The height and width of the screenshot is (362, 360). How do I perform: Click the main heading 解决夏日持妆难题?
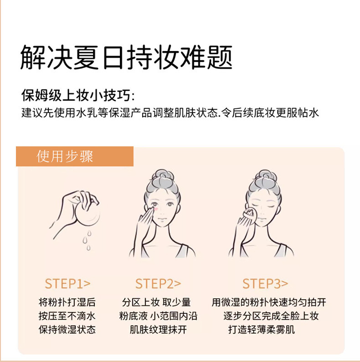pyautogui.click(x=126, y=57)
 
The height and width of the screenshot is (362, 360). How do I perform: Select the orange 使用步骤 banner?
pyautogui.click(x=75, y=156)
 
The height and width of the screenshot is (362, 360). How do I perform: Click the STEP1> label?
pyautogui.click(x=67, y=284)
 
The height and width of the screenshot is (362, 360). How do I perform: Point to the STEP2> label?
pyautogui.click(x=158, y=284)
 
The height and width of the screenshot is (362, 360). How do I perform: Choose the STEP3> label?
pyautogui.click(x=265, y=284)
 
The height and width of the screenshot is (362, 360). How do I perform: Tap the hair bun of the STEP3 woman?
pyautogui.click(x=265, y=178)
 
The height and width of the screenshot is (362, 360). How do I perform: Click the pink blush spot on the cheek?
pyautogui.click(x=156, y=209)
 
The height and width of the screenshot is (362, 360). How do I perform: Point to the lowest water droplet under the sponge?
pyautogui.click(x=88, y=248)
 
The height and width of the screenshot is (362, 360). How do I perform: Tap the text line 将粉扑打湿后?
pyautogui.click(x=67, y=302)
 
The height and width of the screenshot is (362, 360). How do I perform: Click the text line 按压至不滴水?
pyautogui.click(x=67, y=316)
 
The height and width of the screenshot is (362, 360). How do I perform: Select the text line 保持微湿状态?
pyautogui.click(x=67, y=330)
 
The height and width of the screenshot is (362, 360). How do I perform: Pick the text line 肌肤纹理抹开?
pyautogui.click(x=158, y=330)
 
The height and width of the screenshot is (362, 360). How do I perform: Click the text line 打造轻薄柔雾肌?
pyautogui.click(x=262, y=330)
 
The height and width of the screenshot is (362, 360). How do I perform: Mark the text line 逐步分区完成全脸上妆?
pyautogui.click(x=271, y=316)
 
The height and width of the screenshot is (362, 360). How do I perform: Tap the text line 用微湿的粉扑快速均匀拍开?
pyautogui.click(x=269, y=302)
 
